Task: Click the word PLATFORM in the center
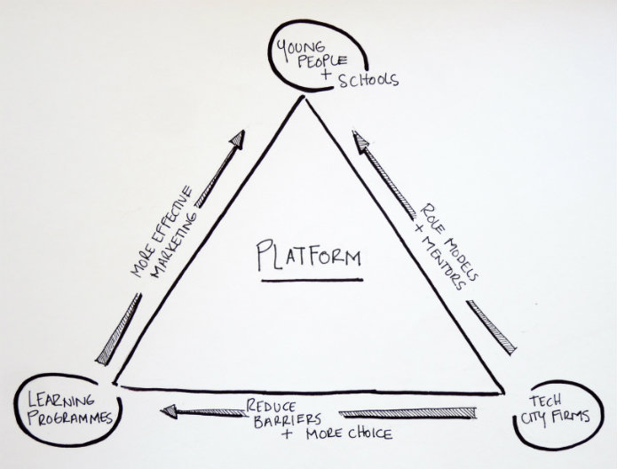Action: pos(309,257)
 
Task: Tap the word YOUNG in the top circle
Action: pos(301,48)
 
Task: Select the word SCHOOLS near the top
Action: pos(368,80)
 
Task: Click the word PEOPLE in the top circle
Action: pos(322,61)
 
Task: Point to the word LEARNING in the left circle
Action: pos(61,401)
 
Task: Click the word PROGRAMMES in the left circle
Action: pos(71,417)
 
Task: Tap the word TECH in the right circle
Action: pos(544,401)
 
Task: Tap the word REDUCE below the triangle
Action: pos(271,406)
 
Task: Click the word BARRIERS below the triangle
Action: pos(288,420)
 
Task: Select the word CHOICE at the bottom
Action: pos(370,433)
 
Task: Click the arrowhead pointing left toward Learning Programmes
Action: pos(170,411)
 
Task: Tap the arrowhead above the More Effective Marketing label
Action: pos(237,139)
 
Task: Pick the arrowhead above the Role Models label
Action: pos(360,139)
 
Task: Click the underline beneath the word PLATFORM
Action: pos(312,281)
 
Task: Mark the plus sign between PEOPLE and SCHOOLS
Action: pos(326,74)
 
